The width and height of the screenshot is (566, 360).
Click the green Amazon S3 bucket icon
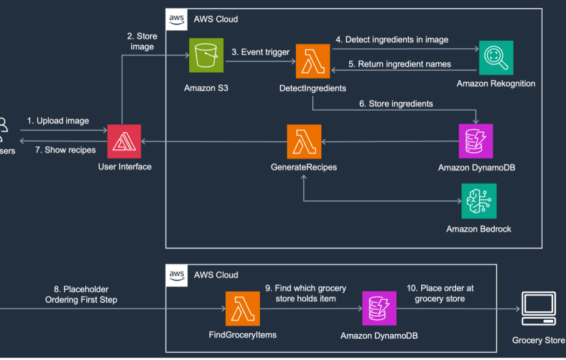coord(206,55)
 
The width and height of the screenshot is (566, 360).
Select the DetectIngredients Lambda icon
coord(313,61)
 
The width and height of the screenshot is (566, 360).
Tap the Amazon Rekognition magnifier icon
coord(496,58)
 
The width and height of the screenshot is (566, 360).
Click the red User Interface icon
coord(124,141)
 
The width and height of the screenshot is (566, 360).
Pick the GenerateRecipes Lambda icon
coord(304,142)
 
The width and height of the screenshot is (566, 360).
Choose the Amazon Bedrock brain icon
coord(478,201)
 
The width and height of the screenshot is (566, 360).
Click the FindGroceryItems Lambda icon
coord(243,309)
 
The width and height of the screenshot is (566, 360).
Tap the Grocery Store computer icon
coord(539,308)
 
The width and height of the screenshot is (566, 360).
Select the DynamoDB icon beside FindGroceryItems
coord(379,308)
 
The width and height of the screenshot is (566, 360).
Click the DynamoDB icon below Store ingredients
coord(476,141)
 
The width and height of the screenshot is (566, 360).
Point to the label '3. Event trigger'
coord(260,52)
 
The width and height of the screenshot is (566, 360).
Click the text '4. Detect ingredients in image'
coord(392,40)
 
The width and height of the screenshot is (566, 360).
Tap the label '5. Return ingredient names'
coord(400,64)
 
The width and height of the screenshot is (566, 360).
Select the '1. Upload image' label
coord(58,121)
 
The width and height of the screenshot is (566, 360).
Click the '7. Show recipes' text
coord(65,150)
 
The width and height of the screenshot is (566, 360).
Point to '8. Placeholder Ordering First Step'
coord(81,295)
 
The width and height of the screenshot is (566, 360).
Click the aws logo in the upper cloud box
coord(176,19)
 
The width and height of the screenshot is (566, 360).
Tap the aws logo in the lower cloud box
coord(176,275)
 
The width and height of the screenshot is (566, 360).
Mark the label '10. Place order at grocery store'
coord(440,294)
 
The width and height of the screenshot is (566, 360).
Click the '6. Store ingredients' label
coord(396,104)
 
